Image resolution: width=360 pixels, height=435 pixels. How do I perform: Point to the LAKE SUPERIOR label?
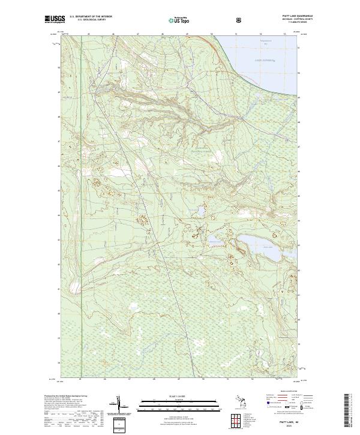coord(263,61)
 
